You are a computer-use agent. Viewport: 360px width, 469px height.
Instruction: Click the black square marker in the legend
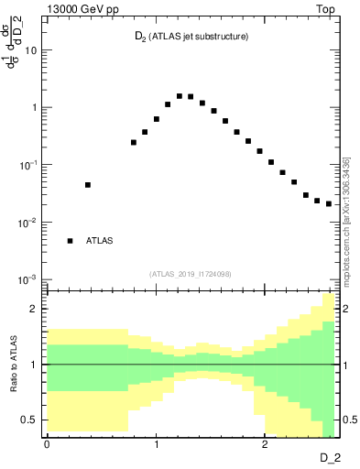[70, 241]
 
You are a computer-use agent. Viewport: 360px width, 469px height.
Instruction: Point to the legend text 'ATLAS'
[100, 241]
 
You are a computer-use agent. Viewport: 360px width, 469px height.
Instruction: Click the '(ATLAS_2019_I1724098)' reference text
[191, 274]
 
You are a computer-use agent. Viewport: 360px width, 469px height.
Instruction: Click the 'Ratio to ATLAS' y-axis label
[13, 365]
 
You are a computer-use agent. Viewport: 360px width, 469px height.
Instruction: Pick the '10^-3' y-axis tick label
[30, 278]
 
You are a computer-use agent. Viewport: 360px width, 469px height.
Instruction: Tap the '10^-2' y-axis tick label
[30, 222]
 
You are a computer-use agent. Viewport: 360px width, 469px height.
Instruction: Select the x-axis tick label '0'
[47, 442]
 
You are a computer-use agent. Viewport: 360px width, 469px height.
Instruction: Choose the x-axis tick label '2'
[264, 442]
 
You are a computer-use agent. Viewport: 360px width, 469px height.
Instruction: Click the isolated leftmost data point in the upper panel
[88, 185]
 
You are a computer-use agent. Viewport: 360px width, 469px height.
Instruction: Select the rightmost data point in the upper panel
[329, 203]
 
